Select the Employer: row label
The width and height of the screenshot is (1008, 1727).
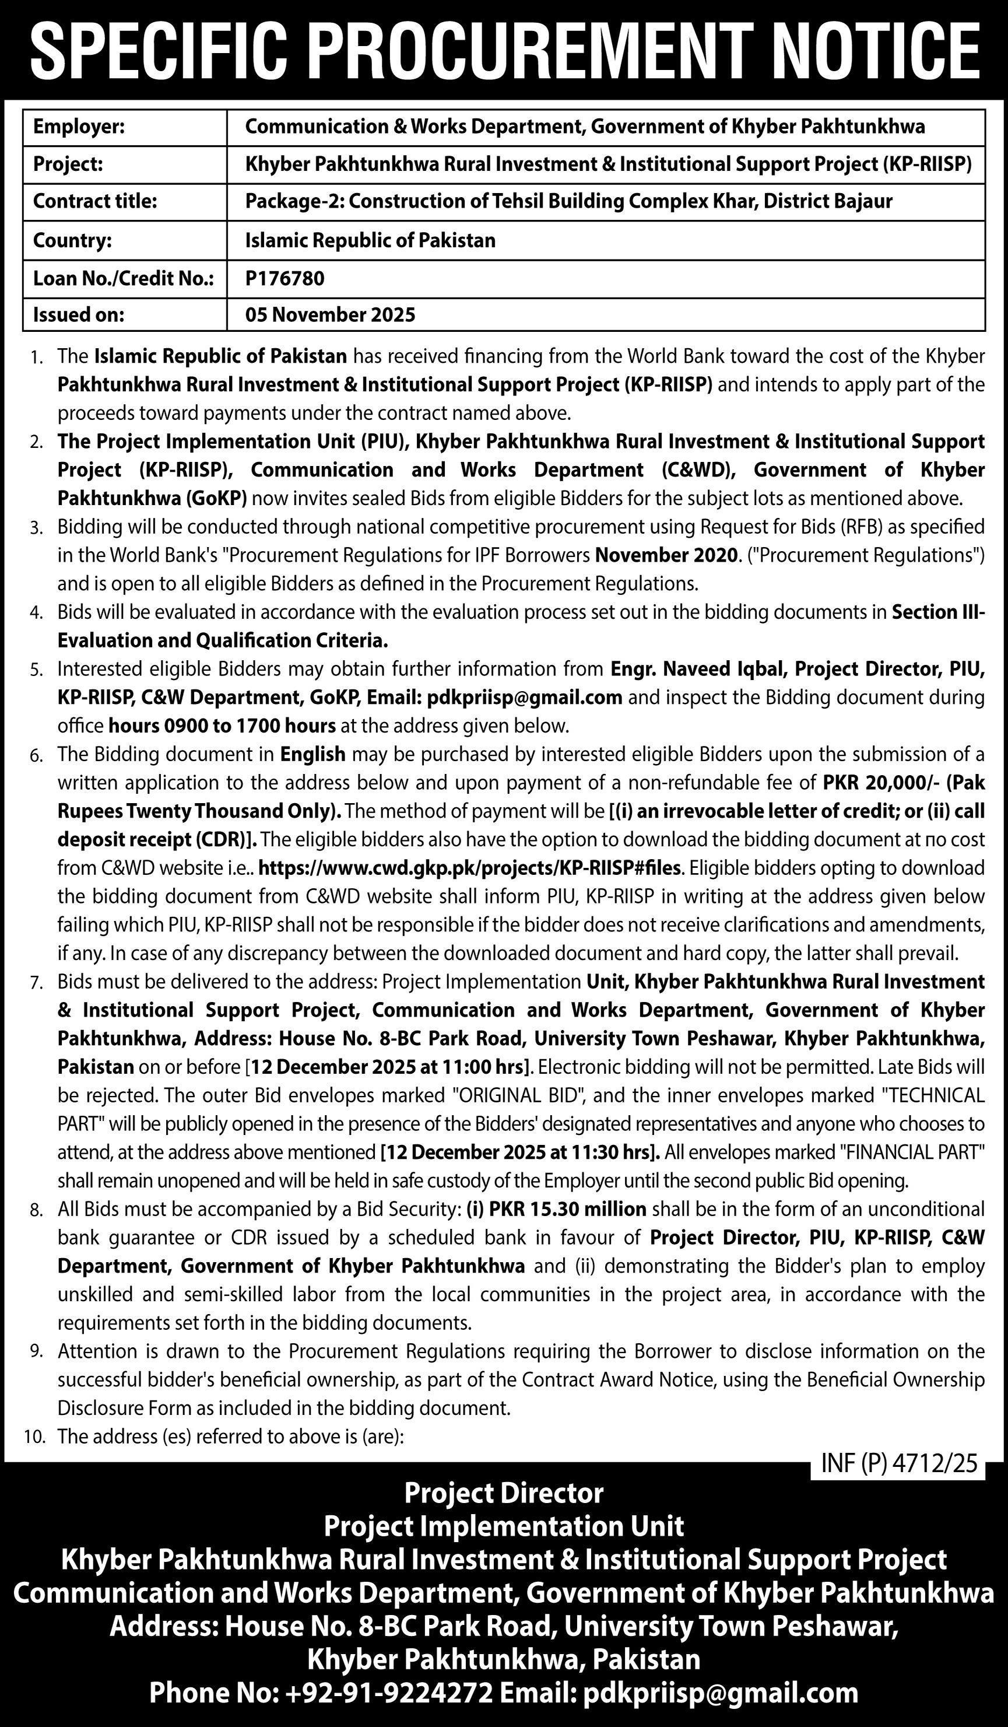[79, 127]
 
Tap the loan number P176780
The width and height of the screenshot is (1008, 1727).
[285, 278]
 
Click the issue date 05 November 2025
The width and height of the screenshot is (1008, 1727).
[331, 314]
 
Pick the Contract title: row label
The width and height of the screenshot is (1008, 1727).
[95, 201]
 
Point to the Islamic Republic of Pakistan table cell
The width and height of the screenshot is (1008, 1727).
[370, 240]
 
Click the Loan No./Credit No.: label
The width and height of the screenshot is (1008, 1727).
[124, 278]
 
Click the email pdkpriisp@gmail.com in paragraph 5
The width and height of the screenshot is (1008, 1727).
[524, 698]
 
